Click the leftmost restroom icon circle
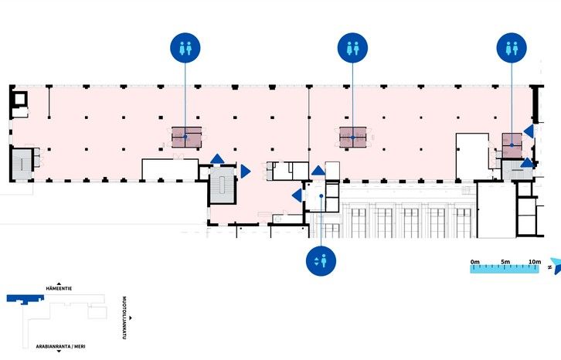click(185, 48)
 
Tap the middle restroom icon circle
click(353, 48)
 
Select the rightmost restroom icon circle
click(512, 48)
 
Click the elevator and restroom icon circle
click(321, 261)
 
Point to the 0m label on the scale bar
click(475, 262)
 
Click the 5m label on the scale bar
click(505, 262)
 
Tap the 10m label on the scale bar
click(535, 262)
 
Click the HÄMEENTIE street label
click(59, 288)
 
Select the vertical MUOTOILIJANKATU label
click(124, 318)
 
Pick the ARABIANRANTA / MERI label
click(60, 346)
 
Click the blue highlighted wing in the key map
click(25, 299)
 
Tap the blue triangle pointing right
click(246, 172)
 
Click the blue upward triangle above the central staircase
click(217, 158)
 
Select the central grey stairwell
click(223, 185)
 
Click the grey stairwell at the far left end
click(22, 165)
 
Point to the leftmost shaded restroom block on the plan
click(186, 137)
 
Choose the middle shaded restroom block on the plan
click(353, 137)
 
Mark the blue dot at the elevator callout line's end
click(321, 195)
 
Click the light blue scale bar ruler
click(505, 269)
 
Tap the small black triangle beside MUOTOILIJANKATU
click(131, 318)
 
